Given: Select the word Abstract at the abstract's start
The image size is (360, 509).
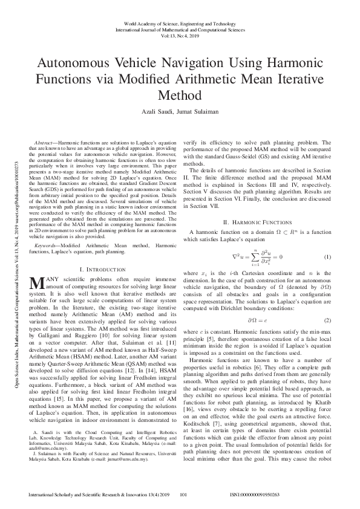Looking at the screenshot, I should click(x=47, y=141).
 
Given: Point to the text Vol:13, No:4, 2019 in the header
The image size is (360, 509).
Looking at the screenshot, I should click(x=180, y=35).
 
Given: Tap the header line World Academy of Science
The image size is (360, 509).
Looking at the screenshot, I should click(x=180, y=23).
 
